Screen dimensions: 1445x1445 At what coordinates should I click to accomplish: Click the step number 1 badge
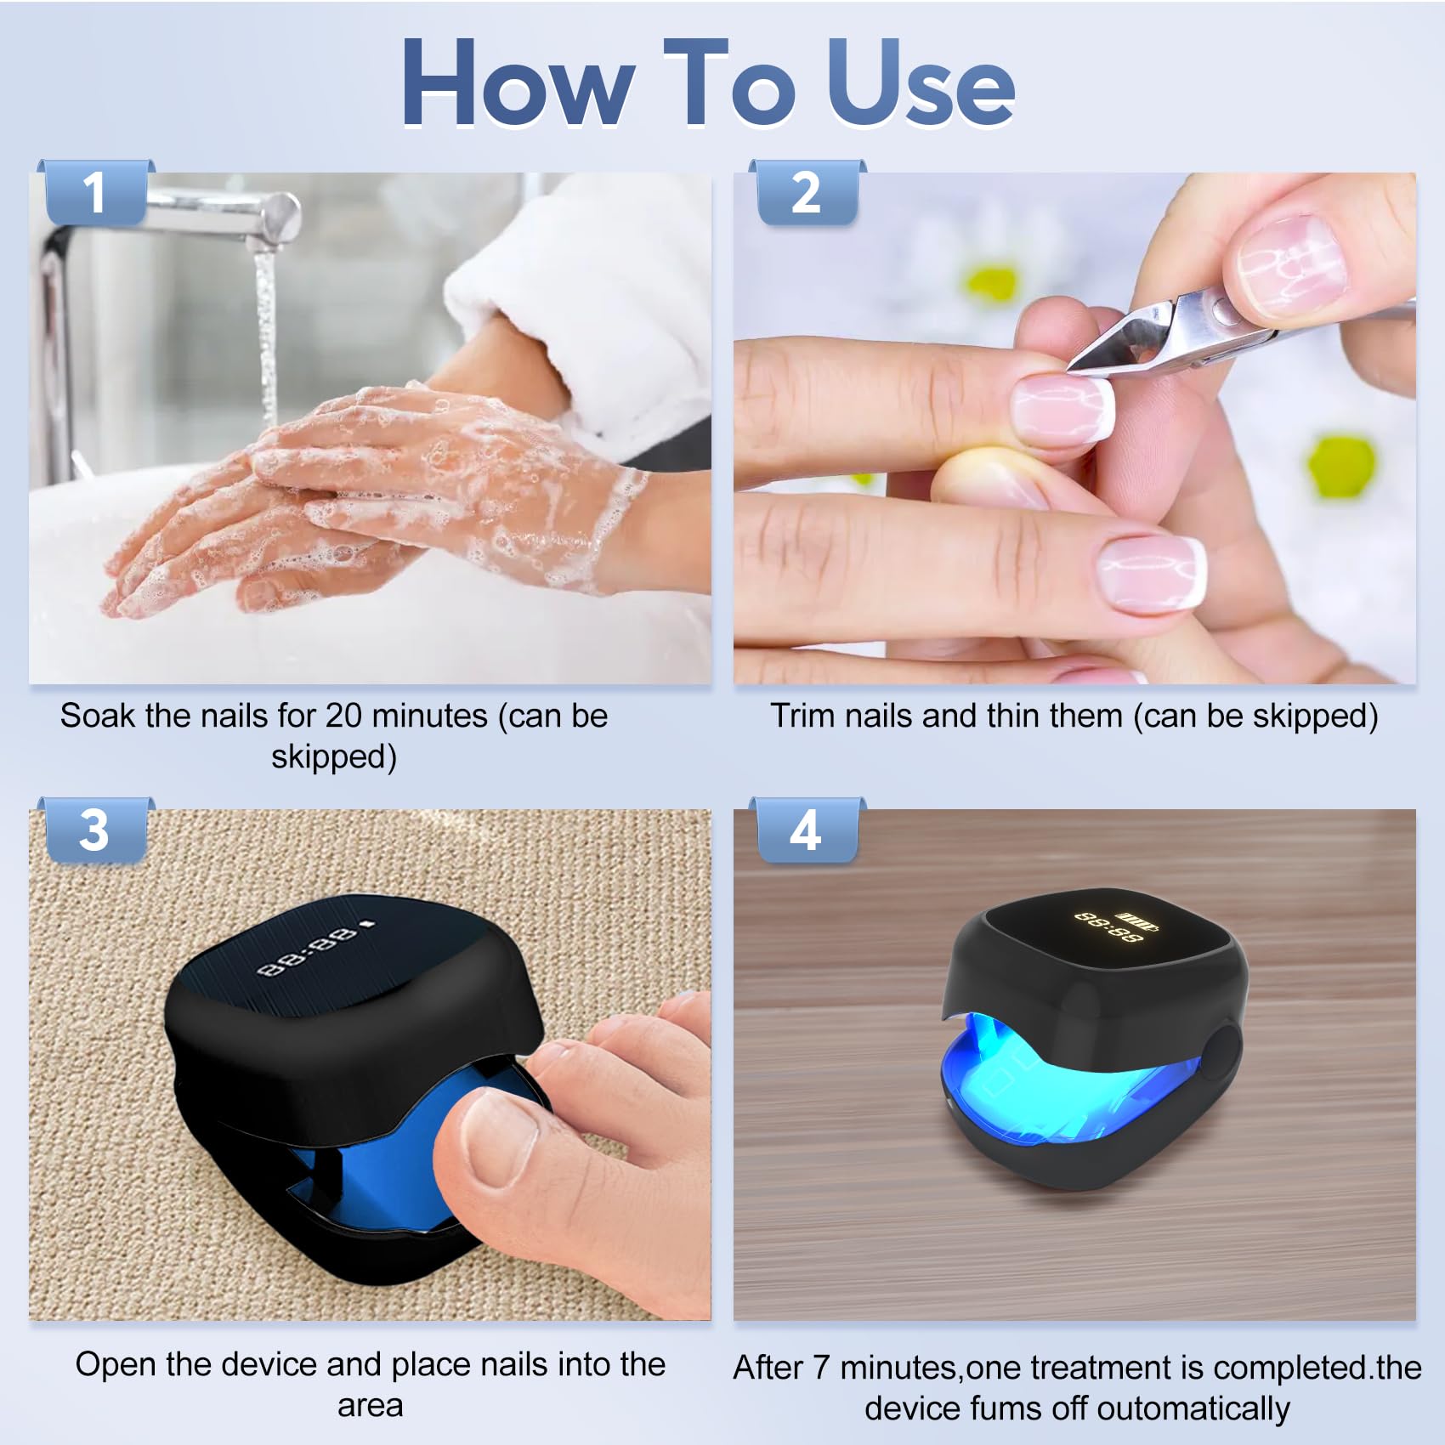pyautogui.click(x=95, y=192)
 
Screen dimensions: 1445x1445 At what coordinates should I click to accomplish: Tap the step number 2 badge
pyautogui.click(x=807, y=192)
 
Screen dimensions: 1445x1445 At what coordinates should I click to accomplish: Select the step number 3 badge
pyautogui.click(x=95, y=830)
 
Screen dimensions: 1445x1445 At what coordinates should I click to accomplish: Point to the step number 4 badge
pyautogui.click(x=807, y=830)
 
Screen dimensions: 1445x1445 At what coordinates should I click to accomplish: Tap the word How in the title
pyautogui.click(x=518, y=84)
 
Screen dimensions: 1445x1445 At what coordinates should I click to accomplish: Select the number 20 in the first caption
pyautogui.click(x=344, y=716)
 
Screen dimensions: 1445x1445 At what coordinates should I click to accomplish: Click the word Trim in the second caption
pyautogui.click(x=802, y=716)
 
